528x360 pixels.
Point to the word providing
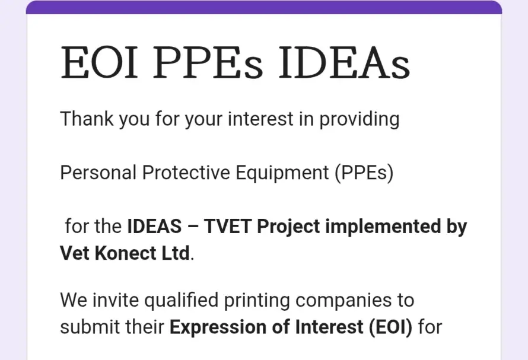(x=360, y=119)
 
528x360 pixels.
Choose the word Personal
(x=98, y=173)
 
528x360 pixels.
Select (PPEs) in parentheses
(x=363, y=173)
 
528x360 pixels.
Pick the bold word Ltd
(x=176, y=253)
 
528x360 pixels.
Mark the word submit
(x=89, y=327)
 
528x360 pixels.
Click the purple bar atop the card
(x=264, y=7)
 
